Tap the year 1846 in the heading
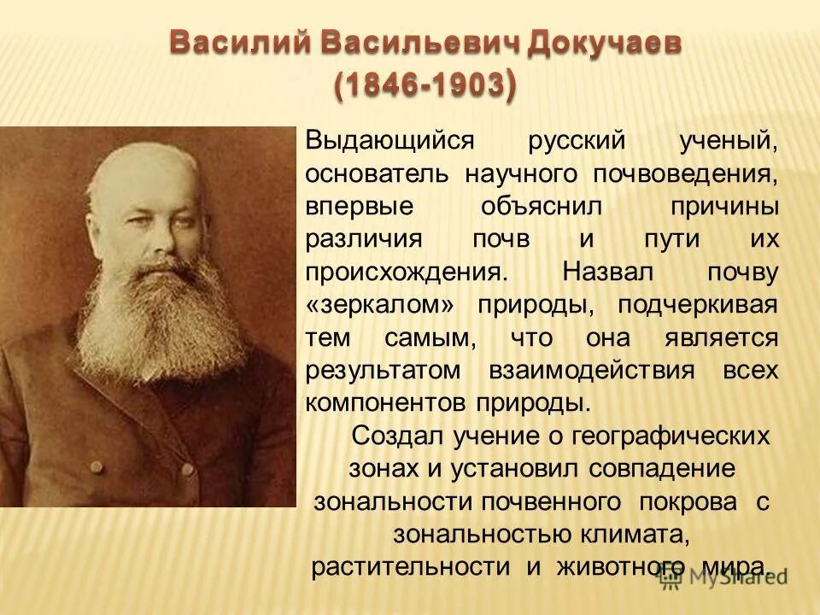click(x=376, y=85)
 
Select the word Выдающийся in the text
click(x=377, y=141)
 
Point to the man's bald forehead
click(x=159, y=175)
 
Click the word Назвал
click(x=607, y=272)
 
